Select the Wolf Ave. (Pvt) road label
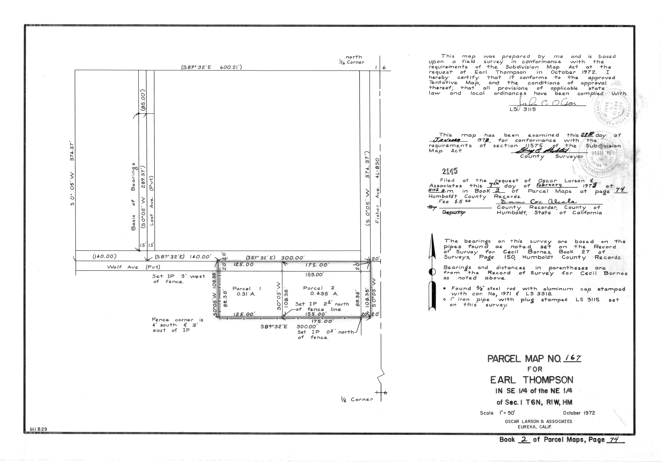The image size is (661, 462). (133, 267)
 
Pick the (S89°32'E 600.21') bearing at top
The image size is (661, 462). (211, 67)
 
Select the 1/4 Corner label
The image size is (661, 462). (356, 399)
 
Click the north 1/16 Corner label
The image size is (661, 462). (352, 60)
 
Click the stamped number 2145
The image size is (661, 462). (450, 171)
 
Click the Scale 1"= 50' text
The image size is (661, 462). (499, 413)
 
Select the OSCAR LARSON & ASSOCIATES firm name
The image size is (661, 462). (538, 421)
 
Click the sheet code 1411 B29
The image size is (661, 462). (38, 429)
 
